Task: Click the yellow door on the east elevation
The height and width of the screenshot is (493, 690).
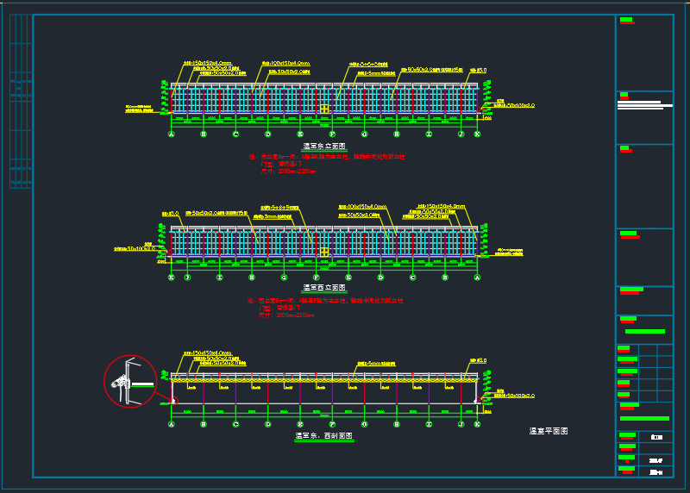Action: [324, 109]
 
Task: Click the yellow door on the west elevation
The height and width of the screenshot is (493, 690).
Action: [324, 253]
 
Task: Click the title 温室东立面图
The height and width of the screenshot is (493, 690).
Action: [324, 147]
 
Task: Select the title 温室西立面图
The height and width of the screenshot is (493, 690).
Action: [324, 288]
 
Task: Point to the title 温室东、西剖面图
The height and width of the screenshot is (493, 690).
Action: [324, 436]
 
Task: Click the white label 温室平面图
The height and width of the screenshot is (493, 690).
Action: [549, 430]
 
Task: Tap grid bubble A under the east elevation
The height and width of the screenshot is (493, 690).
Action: [172, 134]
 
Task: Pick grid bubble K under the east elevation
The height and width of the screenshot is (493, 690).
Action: [477, 134]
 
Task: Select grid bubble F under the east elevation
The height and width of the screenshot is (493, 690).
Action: [332, 134]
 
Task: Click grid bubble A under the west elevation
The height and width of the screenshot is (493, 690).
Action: [477, 278]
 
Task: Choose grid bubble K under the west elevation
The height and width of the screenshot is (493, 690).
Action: [172, 278]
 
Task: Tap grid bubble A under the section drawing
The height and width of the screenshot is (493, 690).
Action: [172, 424]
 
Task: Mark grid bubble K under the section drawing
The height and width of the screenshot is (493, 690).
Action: [477, 424]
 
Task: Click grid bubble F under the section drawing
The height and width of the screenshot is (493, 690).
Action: [332, 424]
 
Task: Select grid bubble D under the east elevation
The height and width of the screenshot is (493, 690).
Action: [268, 134]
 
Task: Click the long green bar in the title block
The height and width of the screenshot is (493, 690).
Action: [644, 418]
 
